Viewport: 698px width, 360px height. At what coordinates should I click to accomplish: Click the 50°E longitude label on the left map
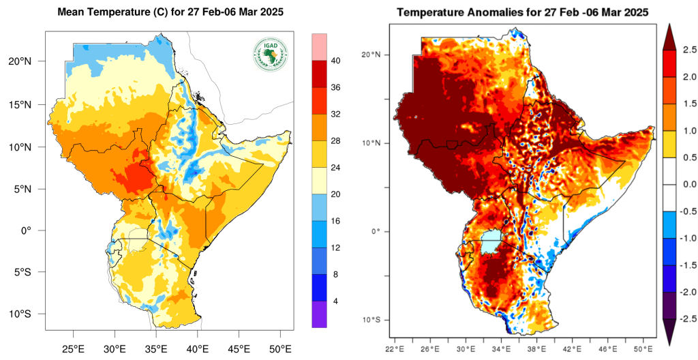[x=280, y=349]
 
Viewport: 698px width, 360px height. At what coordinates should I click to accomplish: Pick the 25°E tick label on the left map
[x=73, y=349]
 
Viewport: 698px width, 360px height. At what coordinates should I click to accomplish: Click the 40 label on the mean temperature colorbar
[x=336, y=61]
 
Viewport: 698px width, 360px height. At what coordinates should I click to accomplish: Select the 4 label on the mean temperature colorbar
[x=335, y=301]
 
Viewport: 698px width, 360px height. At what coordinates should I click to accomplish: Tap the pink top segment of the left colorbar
[x=319, y=46]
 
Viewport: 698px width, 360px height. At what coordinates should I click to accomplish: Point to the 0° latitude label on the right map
[x=376, y=231]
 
